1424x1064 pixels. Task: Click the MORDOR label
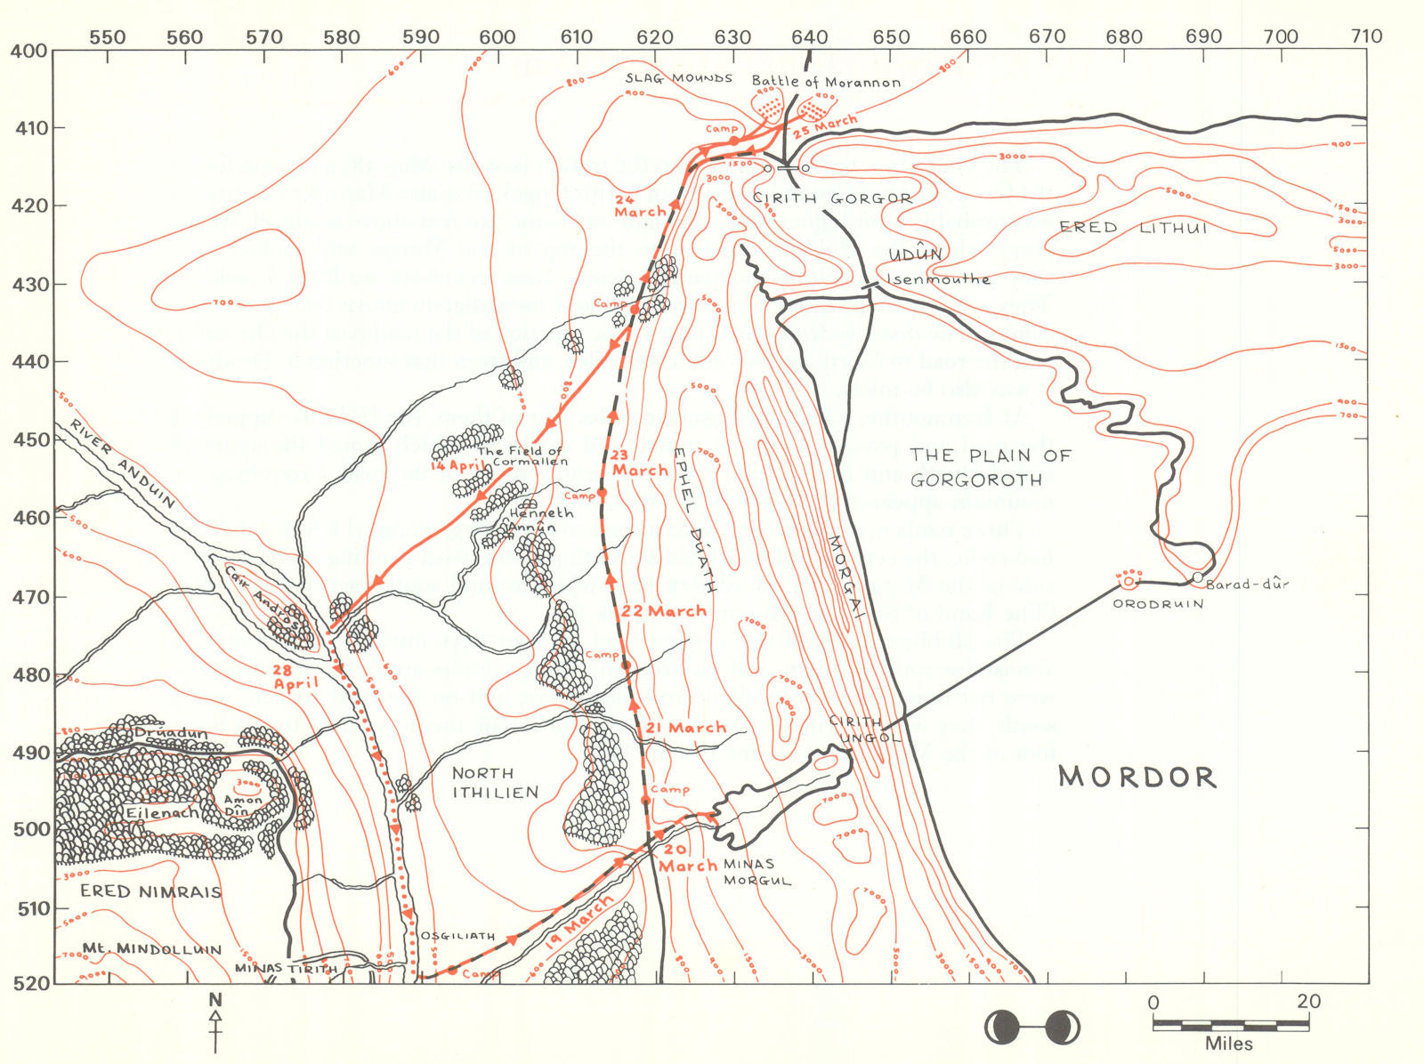1137,777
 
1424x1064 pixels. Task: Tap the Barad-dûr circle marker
1198,577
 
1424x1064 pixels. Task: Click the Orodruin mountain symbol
1129,581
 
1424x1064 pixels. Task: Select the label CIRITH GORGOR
832,198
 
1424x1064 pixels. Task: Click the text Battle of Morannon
826,82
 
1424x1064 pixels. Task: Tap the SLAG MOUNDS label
678,78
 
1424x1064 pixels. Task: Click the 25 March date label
825,125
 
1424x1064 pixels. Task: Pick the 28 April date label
296,677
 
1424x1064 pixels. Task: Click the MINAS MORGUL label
748,872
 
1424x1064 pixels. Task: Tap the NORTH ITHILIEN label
495,783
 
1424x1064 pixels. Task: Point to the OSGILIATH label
457,936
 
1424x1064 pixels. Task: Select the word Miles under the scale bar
1229,1044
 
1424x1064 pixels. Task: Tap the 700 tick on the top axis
1282,37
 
